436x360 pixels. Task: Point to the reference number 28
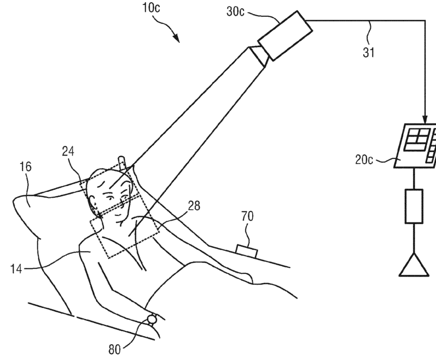click(193, 206)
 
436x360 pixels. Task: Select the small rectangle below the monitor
click(414, 206)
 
